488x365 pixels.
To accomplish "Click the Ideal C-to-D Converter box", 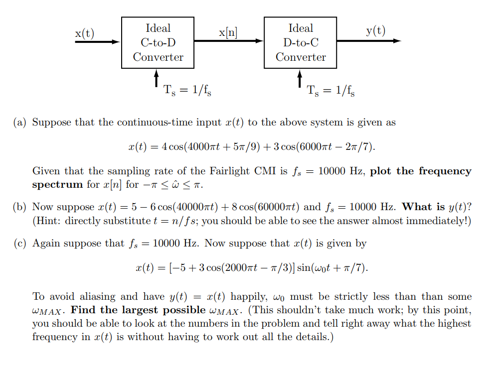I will point(158,43).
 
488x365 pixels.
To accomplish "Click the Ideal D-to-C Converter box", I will point(300,43).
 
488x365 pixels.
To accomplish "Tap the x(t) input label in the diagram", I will point(84,33).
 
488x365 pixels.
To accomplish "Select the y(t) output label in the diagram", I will point(375,31).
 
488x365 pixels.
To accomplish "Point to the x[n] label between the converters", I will point(228,33).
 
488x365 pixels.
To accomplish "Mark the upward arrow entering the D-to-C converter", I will point(300,79).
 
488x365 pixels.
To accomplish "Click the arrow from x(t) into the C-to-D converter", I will point(98,42).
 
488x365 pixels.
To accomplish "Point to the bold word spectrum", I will point(57,185).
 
